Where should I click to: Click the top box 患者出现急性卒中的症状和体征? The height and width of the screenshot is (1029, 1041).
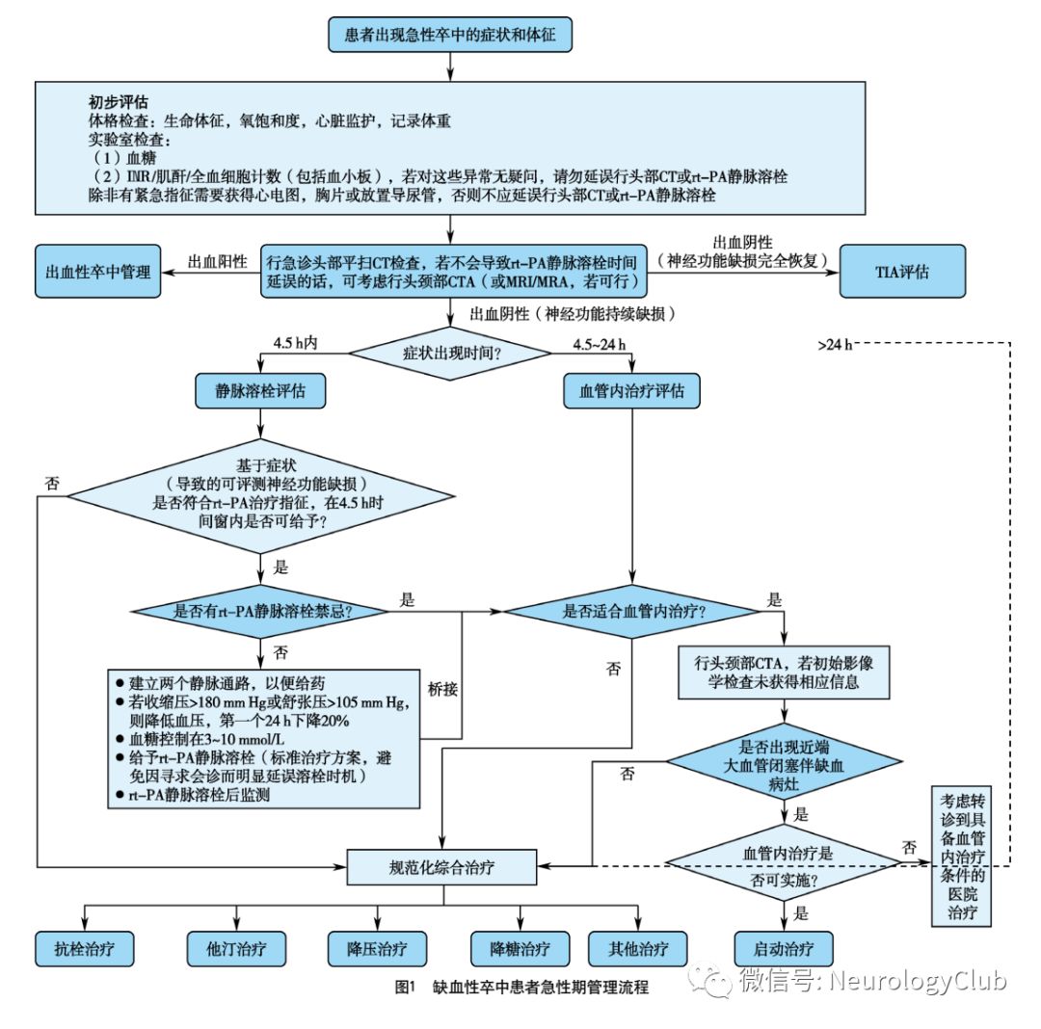451,37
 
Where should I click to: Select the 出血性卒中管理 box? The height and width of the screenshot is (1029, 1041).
98,271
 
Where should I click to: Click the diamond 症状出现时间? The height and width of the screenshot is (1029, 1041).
451,353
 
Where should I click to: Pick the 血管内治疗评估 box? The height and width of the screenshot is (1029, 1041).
631,391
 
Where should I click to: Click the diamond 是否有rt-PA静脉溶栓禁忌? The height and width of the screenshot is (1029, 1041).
261,611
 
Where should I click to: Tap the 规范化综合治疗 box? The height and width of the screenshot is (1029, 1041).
442,866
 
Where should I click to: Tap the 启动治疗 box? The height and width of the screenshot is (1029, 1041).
782,948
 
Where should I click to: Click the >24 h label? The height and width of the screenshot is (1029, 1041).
834,344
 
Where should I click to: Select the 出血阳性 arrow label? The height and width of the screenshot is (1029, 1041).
217,261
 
